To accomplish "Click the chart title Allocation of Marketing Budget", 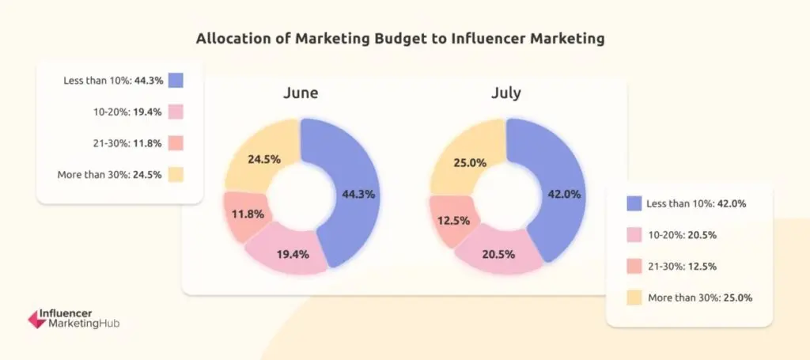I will coord(404,38).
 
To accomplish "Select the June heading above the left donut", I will coord(301,93).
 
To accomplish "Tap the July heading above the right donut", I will coord(505,93).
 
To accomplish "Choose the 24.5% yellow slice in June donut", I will coord(261,159).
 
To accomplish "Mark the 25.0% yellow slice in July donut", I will coord(467,161).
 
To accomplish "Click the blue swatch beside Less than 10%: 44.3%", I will coord(175,80).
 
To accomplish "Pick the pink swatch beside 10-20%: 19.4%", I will coord(175,112).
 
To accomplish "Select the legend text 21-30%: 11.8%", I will coord(127,143).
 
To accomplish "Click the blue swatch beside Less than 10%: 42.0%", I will coord(633,203).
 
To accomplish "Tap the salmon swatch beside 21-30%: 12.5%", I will coord(633,267).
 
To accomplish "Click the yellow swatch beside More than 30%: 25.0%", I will coord(633,298).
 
